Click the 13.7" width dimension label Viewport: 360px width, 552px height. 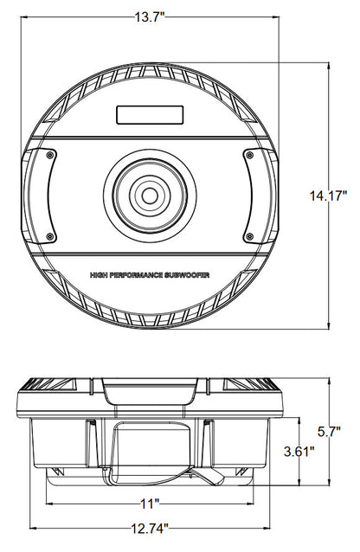150,17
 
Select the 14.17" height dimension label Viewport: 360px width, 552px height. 328,196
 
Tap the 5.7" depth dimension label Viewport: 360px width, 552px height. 329,431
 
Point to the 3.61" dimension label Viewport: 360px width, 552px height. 299,452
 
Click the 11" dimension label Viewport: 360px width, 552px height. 151,504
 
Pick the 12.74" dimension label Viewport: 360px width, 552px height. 150,528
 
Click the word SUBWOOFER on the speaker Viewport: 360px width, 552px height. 187,275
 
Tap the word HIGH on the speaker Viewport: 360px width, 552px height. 99,275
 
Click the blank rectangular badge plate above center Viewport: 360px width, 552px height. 150,115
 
